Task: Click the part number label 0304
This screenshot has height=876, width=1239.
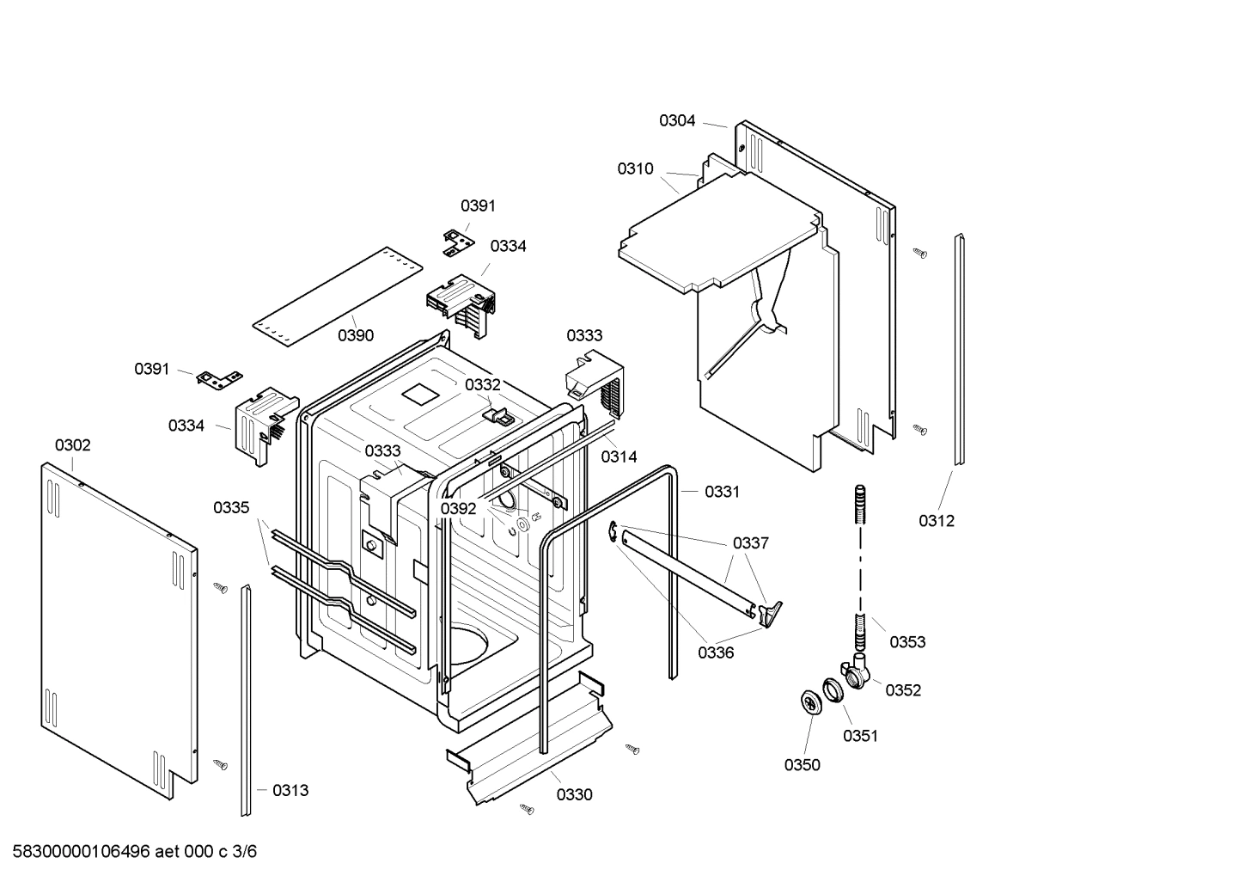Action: [677, 121]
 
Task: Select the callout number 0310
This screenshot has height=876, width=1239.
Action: [635, 169]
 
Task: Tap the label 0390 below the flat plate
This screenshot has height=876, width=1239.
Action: [355, 335]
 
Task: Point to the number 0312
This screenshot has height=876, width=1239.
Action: [936, 521]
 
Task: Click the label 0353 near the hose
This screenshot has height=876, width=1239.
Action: [907, 642]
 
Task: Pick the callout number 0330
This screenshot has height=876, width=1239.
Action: [574, 795]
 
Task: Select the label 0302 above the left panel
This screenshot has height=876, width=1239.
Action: [72, 445]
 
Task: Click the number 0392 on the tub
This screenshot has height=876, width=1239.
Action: [458, 509]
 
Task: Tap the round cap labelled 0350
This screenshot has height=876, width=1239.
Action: [809, 701]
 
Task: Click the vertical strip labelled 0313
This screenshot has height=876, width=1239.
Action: [247, 701]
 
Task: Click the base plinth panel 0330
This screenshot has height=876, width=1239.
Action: [533, 739]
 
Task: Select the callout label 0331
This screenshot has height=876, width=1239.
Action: [722, 492]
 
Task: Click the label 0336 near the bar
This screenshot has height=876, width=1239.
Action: [715, 652]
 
